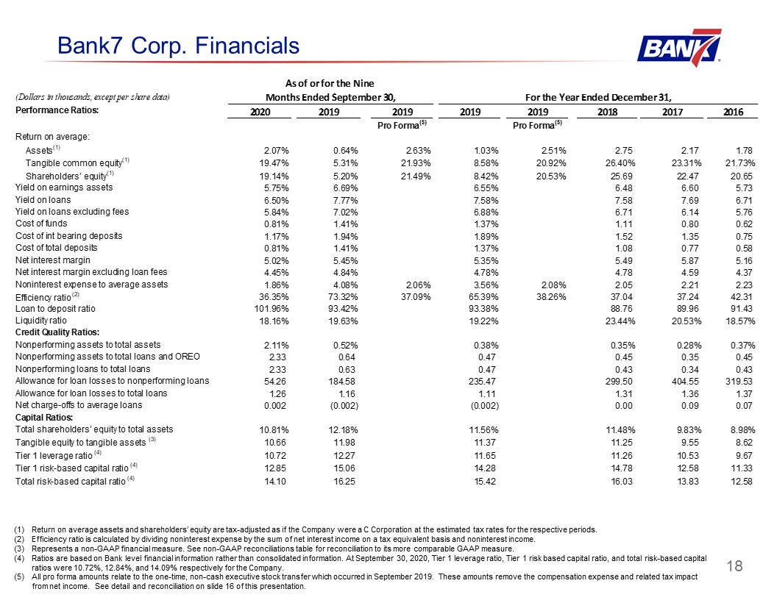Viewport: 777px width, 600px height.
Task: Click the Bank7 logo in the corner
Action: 679,48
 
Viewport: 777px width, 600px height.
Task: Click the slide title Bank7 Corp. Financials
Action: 178,46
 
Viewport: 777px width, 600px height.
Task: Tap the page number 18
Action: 734,566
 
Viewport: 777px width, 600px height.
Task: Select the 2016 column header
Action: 733,112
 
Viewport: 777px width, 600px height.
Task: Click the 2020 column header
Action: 260,112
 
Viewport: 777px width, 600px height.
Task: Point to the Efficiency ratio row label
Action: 43,297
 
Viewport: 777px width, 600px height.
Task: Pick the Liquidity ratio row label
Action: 40,321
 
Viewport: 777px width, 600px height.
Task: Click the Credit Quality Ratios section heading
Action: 57,332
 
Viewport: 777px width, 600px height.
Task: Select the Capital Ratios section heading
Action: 44,418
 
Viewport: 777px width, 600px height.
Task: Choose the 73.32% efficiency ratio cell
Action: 341,297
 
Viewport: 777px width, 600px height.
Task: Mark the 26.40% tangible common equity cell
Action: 620,163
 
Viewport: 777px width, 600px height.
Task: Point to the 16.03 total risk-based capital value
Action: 622,481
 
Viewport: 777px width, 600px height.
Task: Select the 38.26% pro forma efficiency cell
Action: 550,297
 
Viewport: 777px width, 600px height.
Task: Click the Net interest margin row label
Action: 53,260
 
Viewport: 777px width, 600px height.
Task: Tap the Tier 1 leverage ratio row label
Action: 54,455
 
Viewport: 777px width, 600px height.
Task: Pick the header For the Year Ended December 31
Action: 598,97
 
